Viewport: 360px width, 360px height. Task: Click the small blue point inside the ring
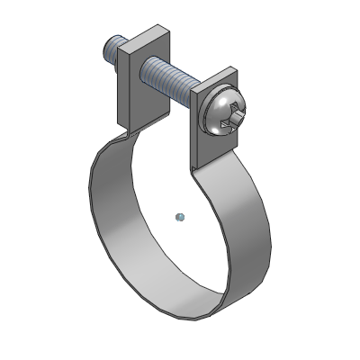point(179,215)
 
